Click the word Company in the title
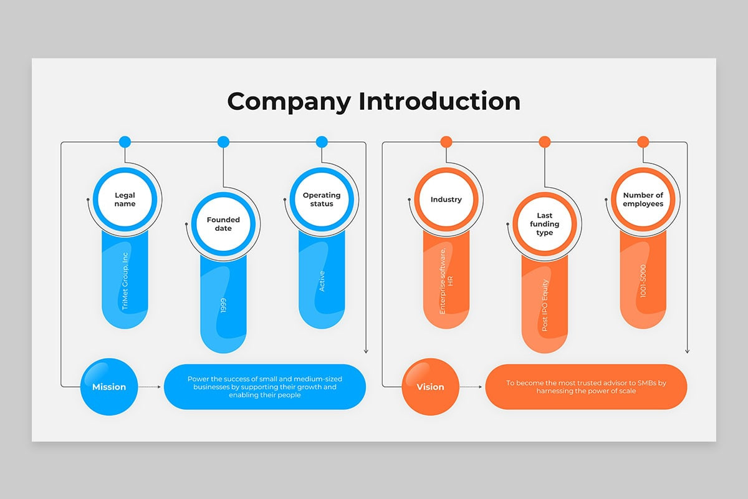point(289,101)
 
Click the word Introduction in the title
point(439,101)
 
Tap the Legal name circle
point(125,200)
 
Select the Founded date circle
point(223,224)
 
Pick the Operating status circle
point(322,200)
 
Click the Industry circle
point(446,200)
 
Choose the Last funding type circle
point(545,224)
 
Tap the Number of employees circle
point(643,200)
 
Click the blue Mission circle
point(109,387)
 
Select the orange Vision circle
point(431,387)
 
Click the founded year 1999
point(223,305)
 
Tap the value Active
point(322,281)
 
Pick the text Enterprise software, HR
point(446,279)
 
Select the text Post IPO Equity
point(545,304)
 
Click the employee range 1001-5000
point(643,281)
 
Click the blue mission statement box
point(265,387)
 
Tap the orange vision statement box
point(586,387)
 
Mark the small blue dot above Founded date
point(223,142)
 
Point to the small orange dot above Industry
point(446,142)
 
